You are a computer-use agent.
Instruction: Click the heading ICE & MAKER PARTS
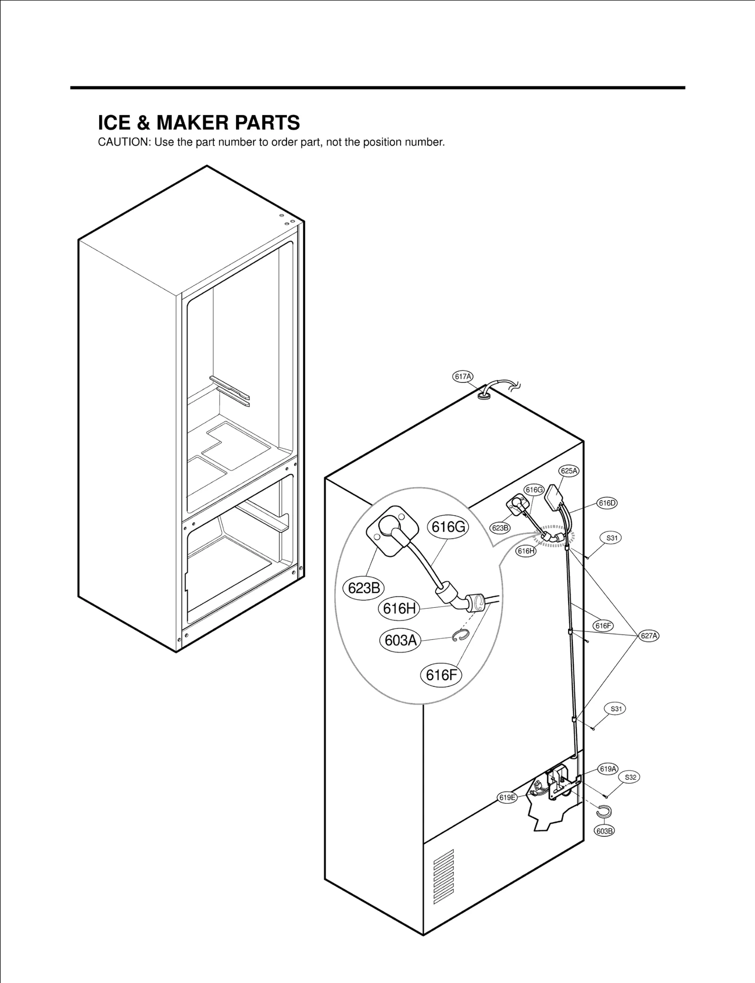pyautogui.click(x=199, y=123)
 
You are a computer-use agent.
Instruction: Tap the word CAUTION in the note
pyautogui.click(x=124, y=143)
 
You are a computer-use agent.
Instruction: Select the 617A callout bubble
pyautogui.click(x=463, y=377)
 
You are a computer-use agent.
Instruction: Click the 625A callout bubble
pyautogui.click(x=569, y=471)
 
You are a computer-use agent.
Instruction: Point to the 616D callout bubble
pyautogui.click(x=607, y=503)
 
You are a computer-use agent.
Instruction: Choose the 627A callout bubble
pyautogui.click(x=649, y=636)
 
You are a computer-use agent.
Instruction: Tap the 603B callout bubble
pyautogui.click(x=604, y=831)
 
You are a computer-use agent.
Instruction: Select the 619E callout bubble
pyautogui.click(x=507, y=798)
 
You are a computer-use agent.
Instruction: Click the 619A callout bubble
pyautogui.click(x=608, y=769)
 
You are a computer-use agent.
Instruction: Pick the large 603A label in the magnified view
pyautogui.click(x=401, y=640)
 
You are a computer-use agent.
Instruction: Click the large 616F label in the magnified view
pyautogui.click(x=441, y=675)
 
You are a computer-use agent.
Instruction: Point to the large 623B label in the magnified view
pyautogui.click(x=363, y=588)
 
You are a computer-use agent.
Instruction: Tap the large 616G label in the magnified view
pyautogui.click(x=448, y=527)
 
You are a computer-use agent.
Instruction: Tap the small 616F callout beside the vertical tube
pyautogui.click(x=603, y=626)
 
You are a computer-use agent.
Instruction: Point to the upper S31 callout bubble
pyautogui.click(x=612, y=538)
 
